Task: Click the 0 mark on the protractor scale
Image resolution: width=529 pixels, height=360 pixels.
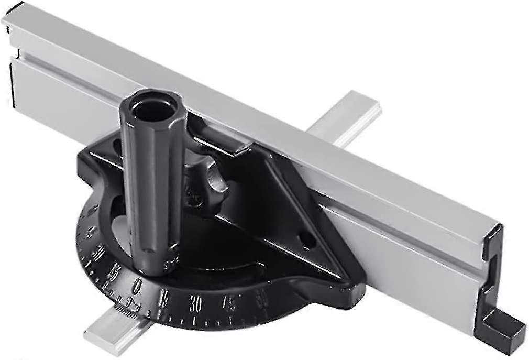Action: coord(137,286)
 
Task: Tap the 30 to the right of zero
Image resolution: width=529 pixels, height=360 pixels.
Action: coord(196,304)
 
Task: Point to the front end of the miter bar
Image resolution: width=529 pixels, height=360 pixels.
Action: coord(102,330)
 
